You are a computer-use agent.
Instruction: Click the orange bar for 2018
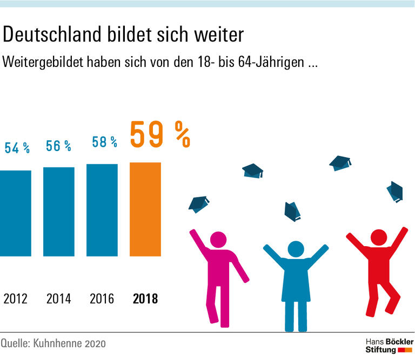tap(145, 209)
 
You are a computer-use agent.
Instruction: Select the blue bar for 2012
tap(16, 213)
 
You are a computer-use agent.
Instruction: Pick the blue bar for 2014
tap(58, 211)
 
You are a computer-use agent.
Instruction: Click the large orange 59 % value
tap(160, 134)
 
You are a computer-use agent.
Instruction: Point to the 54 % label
tap(17, 148)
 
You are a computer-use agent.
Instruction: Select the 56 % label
tap(58, 146)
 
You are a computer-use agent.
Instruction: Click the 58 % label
tap(104, 142)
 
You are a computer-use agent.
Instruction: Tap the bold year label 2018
tap(145, 298)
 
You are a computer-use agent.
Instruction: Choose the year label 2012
tap(15, 298)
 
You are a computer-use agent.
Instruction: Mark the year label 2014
tap(58, 298)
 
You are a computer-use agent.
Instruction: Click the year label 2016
tap(102, 298)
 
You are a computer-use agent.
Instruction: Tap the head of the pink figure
tap(218, 240)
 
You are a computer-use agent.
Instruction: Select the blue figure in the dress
tap(295, 281)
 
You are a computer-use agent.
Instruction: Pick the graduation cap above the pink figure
tap(198, 204)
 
